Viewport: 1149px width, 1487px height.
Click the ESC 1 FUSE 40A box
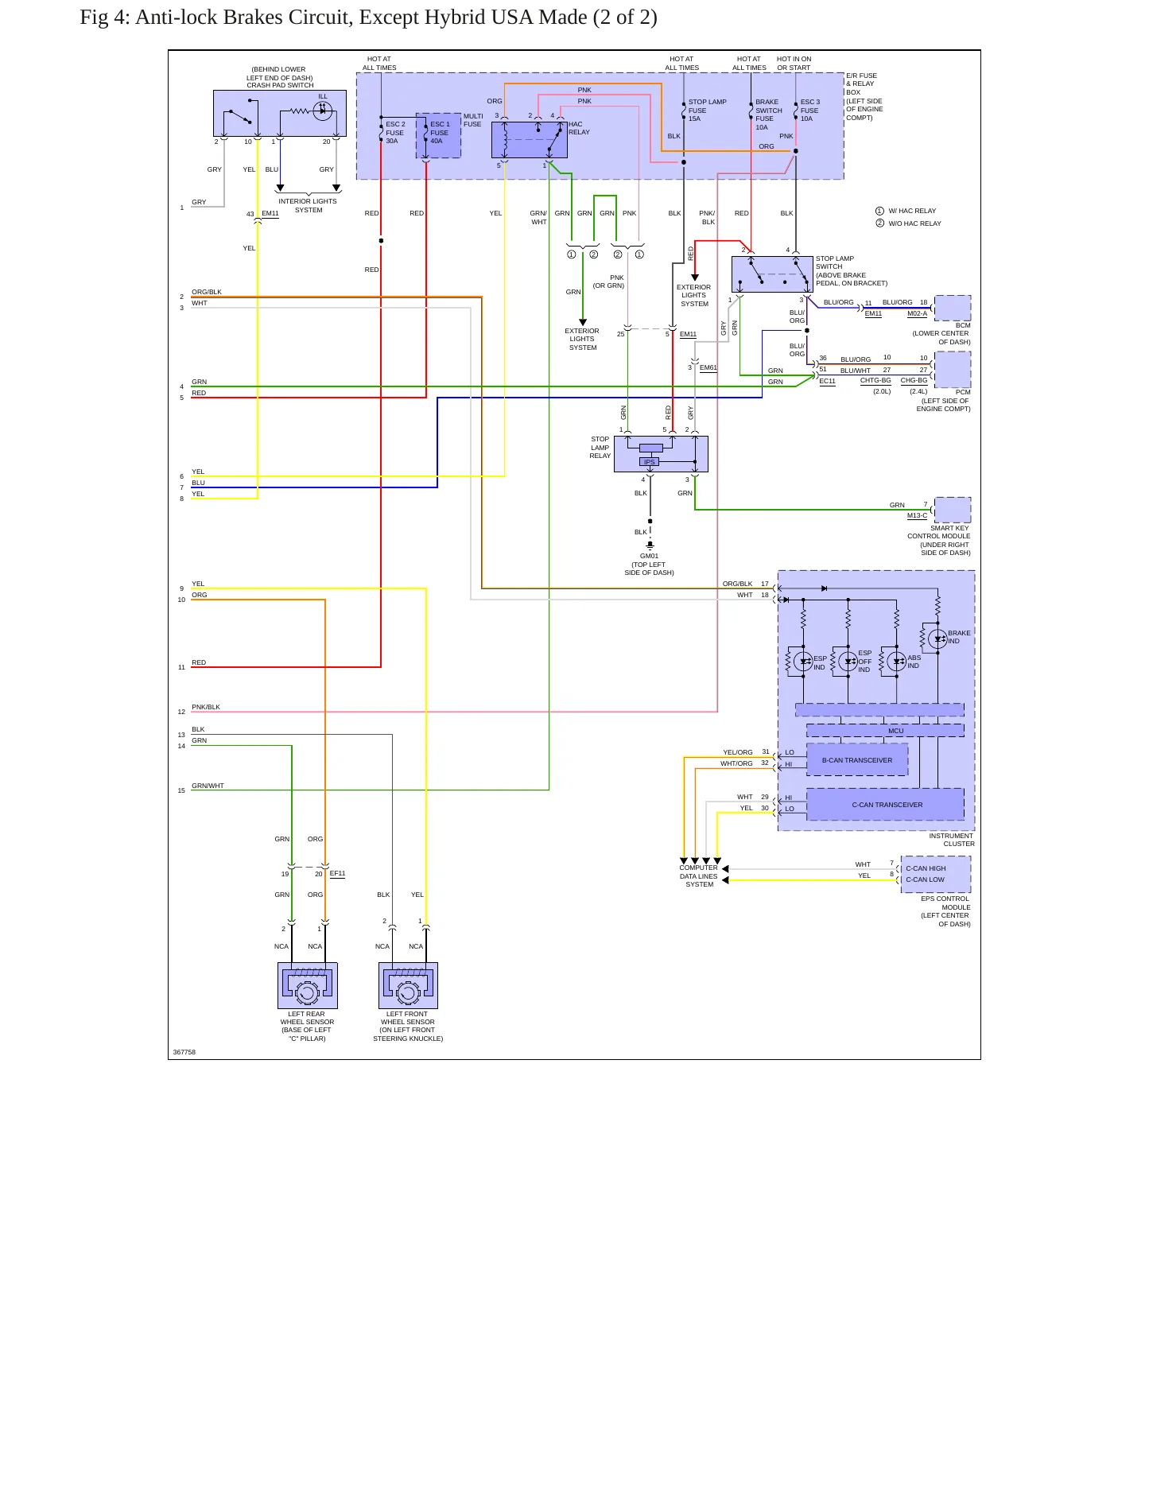tap(438, 135)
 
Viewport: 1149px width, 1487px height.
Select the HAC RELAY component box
tap(529, 140)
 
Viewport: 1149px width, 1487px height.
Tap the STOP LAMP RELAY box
tap(661, 453)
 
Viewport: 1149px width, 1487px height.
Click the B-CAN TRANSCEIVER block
tap(857, 759)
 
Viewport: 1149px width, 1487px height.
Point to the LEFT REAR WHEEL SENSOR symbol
tap(308, 985)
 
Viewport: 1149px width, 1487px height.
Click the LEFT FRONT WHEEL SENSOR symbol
tap(408, 985)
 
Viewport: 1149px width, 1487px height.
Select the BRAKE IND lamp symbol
tap(937, 639)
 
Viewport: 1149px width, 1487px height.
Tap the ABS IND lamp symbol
tap(896, 661)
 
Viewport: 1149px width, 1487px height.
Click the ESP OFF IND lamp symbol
tap(848, 661)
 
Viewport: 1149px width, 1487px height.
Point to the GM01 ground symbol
tap(650, 546)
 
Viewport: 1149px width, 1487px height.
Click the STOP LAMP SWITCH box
tap(772, 274)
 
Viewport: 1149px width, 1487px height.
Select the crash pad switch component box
tap(280, 113)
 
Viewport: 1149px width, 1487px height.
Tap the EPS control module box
tap(936, 874)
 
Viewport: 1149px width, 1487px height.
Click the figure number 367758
tap(184, 1052)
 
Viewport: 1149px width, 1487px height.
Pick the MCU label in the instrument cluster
tap(896, 731)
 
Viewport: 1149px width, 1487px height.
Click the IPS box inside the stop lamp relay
tap(650, 462)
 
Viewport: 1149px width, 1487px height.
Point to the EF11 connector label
tap(338, 873)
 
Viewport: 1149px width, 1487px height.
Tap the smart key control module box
tap(953, 510)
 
